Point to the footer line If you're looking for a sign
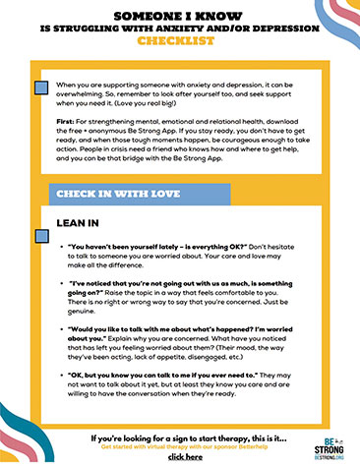pyautogui.click(x=178, y=437)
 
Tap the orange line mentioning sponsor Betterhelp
pyautogui.click(x=178, y=446)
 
